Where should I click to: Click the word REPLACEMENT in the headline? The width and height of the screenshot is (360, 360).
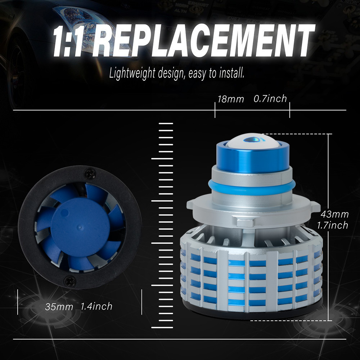click(x=203, y=41)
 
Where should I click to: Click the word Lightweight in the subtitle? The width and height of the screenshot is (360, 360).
click(x=132, y=73)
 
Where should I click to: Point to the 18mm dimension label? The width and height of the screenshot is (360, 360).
click(x=230, y=99)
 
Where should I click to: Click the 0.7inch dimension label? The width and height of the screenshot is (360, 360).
click(x=270, y=99)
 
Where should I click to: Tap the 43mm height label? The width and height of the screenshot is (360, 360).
click(x=335, y=215)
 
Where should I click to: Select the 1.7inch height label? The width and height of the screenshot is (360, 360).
click(x=333, y=225)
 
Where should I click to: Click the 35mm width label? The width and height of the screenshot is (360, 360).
click(x=59, y=307)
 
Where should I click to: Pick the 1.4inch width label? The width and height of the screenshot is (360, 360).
click(x=96, y=306)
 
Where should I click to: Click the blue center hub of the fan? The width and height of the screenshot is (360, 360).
click(x=80, y=228)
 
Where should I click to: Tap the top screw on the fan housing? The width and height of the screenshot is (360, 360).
click(x=90, y=173)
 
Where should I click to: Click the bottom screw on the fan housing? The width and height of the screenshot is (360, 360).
click(x=70, y=281)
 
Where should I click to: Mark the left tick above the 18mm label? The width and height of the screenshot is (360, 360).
click(x=215, y=110)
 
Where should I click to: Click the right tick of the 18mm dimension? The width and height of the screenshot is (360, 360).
click(x=290, y=110)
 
